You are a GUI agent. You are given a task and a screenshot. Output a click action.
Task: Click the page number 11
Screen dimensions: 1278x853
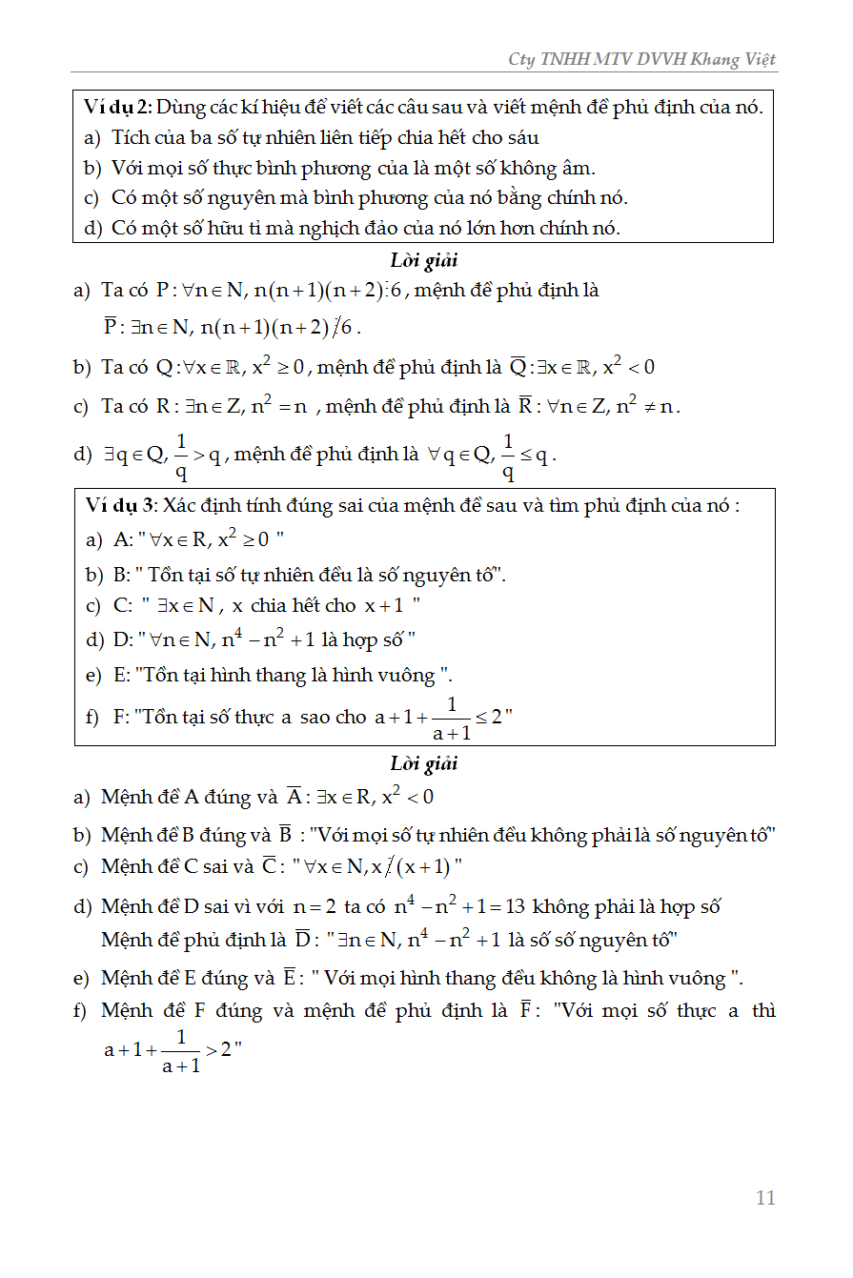pyautogui.click(x=765, y=1198)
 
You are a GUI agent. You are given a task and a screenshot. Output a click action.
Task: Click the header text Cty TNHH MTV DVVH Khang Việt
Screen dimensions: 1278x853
pyautogui.click(x=642, y=59)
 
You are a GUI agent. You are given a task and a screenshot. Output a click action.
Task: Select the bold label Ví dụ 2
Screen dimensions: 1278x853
pyautogui.click(x=117, y=107)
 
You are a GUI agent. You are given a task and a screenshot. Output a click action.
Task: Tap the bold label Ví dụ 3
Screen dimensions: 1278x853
pyautogui.click(x=119, y=505)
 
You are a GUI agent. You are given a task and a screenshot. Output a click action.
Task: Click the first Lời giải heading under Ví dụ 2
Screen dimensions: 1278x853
pyautogui.click(x=424, y=260)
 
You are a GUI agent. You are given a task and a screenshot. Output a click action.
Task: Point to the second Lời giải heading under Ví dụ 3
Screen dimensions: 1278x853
pyautogui.click(x=424, y=763)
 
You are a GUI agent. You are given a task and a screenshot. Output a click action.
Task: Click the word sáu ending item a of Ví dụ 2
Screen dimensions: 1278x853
pyautogui.click(x=521, y=137)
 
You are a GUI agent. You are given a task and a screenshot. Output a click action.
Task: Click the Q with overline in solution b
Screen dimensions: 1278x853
pyautogui.click(x=518, y=367)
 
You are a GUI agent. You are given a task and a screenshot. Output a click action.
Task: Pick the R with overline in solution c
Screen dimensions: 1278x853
pyautogui.click(x=525, y=407)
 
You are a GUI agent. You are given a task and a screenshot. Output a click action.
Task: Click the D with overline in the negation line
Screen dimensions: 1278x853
pyautogui.click(x=302, y=940)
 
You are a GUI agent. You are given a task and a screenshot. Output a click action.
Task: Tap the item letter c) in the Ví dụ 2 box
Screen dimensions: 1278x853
pyautogui.click(x=91, y=198)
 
